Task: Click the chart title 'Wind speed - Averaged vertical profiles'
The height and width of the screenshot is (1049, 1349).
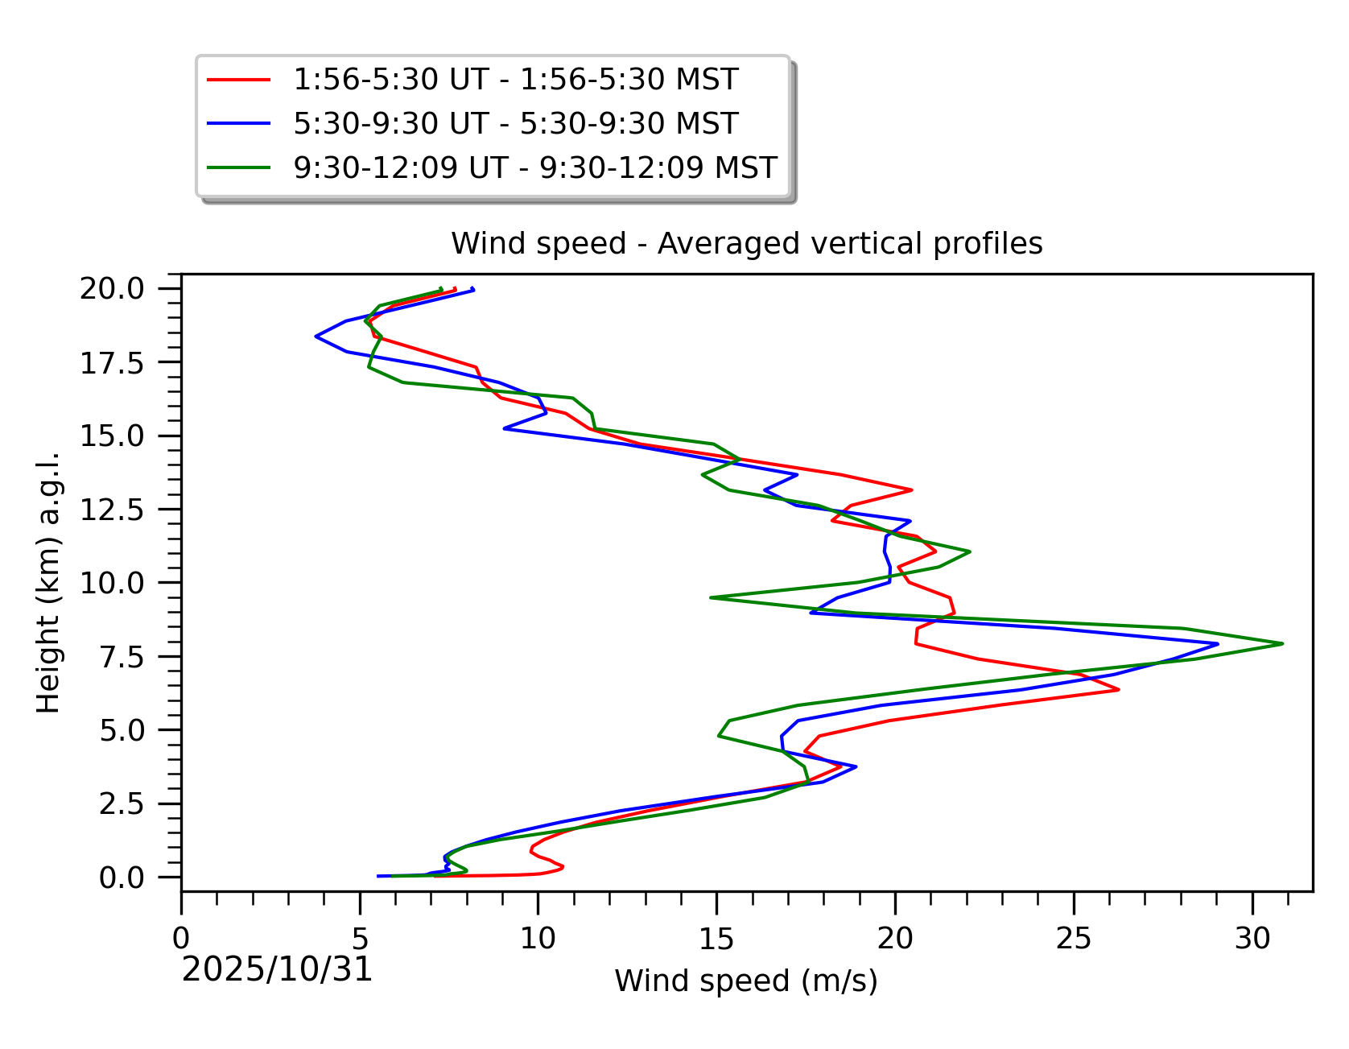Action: (746, 243)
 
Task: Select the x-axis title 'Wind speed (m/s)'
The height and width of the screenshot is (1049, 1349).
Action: (746, 981)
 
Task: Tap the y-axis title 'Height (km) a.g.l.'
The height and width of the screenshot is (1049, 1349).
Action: (48, 582)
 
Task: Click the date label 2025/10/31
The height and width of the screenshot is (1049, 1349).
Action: (277, 969)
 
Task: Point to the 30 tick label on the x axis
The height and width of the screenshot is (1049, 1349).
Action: (1252, 938)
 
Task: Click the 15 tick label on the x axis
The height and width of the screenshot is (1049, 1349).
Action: (716, 938)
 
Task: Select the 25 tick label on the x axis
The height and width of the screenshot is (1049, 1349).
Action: (1074, 938)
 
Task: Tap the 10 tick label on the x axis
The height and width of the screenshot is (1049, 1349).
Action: (538, 938)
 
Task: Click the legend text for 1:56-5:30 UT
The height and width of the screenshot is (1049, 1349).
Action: (515, 80)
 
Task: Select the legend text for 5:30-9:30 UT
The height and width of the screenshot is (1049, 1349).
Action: (515, 124)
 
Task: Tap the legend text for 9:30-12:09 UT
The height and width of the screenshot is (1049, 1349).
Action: (534, 167)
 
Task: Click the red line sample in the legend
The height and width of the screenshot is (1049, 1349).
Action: (238, 80)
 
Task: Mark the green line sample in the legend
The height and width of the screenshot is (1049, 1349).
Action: (238, 167)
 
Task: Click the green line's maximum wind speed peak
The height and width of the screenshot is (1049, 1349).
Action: (1282, 643)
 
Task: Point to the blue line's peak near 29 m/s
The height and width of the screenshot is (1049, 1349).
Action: (1218, 644)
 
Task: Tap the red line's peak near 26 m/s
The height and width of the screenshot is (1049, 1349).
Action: (1118, 689)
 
